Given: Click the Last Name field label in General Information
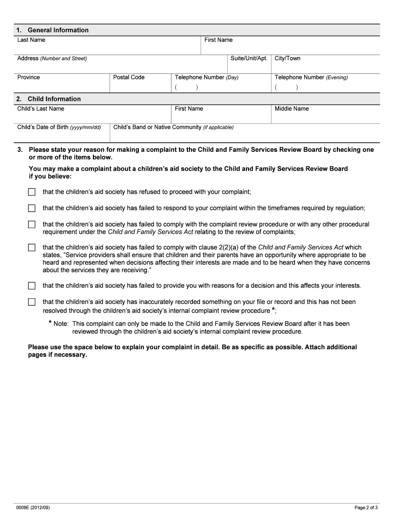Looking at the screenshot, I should (x=31, y=40).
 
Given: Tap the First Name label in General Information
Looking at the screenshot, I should (x=218, y=40).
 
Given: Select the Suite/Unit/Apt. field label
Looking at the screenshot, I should (x=249, y=58).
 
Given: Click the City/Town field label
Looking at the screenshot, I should (x=287, y=58).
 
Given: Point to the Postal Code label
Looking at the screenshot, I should (x=129, y=77).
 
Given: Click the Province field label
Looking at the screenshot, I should (x=29, y=77).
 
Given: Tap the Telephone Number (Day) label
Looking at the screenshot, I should (x=206, y=77).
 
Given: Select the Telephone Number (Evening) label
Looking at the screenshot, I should (x=311, y=77).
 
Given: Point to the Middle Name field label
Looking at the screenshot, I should (x=291, y=109).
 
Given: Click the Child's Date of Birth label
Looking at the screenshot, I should (x=59, y=127).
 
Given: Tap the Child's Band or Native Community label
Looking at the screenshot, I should (x=173, y=127).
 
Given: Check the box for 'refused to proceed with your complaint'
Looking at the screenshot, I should (x=32, y=192).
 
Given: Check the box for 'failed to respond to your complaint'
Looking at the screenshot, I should (x=32, y=208).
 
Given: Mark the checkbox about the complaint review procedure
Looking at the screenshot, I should (x=32, y=224).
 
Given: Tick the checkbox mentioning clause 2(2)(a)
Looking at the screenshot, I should (x=32, y=248).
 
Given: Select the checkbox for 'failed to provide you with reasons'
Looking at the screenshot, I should (x=32, y=285).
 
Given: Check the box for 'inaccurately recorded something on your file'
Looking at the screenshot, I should (x=32, y=302).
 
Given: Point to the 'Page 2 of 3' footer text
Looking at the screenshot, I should (x=366, y=508).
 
